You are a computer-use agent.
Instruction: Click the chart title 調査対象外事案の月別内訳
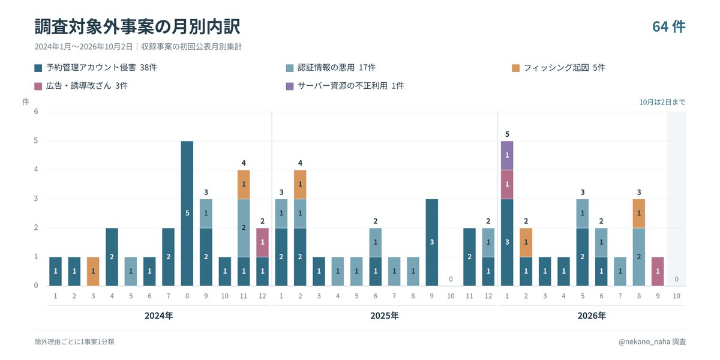[x=137, y=26]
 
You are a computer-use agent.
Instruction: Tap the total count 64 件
[x=669, y=26]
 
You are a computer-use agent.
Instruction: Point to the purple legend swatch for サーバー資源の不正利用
[x=290, y=86]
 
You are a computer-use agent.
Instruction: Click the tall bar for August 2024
[x=187, y=214]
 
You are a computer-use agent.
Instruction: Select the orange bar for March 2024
[x=93, y=271]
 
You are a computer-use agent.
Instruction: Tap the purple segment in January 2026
[x=507, y=155]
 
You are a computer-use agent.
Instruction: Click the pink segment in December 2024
[x=262, y=242]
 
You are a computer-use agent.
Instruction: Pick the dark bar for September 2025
[x=431, y=242]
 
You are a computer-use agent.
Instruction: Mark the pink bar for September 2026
[x=658, y=271]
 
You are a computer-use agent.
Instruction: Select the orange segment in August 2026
[x=638, y=214]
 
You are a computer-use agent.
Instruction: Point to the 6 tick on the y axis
[x=36, y=112]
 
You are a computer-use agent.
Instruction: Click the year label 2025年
[x=385, y=316]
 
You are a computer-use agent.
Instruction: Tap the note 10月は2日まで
[x=662, y=102]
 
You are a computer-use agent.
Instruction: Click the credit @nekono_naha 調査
[x=652, y=341]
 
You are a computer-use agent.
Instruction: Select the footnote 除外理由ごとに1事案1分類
[x=74, y=341]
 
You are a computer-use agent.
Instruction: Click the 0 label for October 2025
[x=451, y=279]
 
